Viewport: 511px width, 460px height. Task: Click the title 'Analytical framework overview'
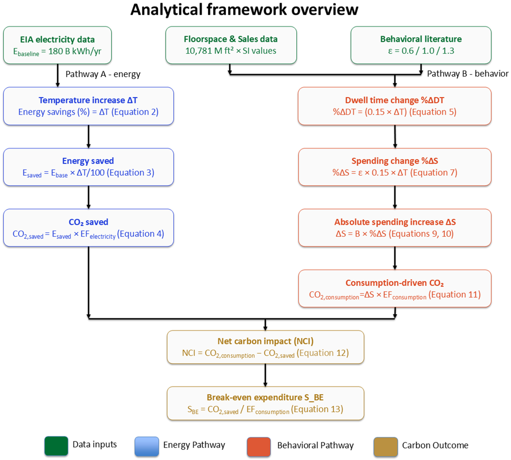244,10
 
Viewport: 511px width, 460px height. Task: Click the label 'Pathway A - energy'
103,74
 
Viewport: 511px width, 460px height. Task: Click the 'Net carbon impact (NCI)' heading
265,341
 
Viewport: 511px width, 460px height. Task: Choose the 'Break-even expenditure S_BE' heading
265,397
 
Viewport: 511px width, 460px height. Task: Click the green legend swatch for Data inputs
56,446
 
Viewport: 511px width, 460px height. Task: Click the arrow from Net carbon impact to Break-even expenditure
265,375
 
